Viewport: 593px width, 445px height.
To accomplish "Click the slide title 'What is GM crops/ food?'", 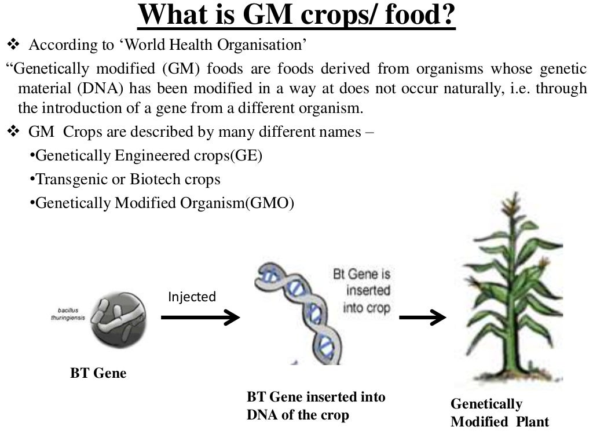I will pos(296,16).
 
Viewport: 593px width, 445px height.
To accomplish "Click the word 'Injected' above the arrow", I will pos(192,297).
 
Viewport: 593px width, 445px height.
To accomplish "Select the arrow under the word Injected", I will pos(200,317).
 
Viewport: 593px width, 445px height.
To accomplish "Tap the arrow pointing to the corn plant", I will pos(423,317).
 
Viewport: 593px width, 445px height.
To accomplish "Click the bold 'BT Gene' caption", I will pos(98,373).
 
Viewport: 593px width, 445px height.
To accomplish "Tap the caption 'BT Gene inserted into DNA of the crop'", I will pos(316,406).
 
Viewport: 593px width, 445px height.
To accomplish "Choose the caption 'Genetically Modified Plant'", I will pos(499,412).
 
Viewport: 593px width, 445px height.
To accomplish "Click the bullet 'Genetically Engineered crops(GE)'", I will pos(145,155).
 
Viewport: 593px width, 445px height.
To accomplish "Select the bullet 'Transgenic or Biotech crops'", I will pos(125,179).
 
